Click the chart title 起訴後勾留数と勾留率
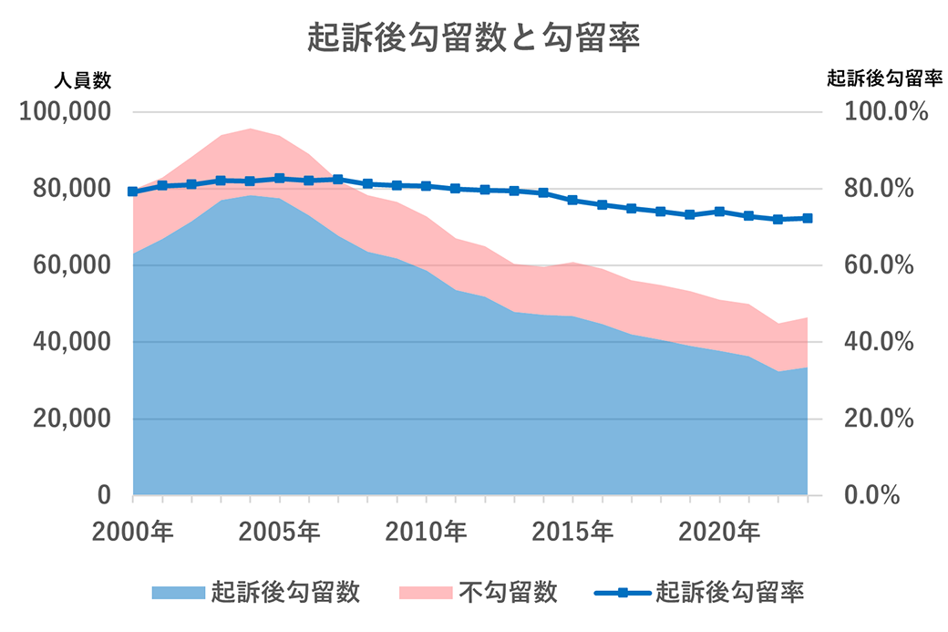click(x=474, y=39)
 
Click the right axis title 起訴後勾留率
click(x=883, y=80)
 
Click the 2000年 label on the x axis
click(x=133, y=531)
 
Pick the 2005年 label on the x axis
click(x=280, y=531)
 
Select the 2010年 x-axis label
click(x=427, y=531)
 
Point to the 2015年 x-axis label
click(x=573, y=531)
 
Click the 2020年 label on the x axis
click(x=720, y=531)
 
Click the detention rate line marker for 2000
click(x=133, y=192)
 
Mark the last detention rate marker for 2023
click(x=808, y=218)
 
